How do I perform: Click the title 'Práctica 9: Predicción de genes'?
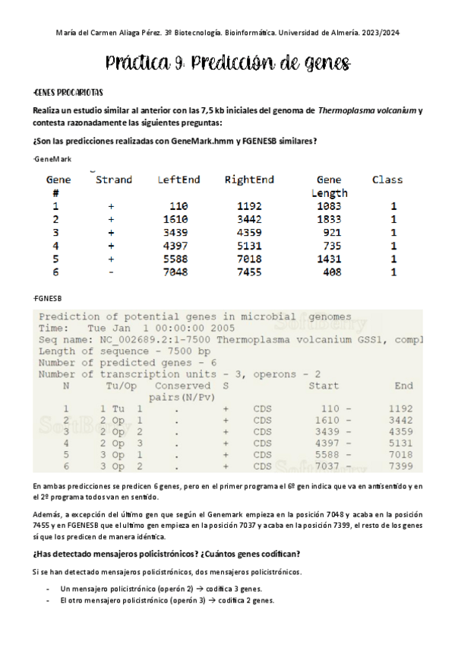227,63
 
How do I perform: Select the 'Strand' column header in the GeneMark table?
114,180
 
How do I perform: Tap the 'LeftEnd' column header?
179,180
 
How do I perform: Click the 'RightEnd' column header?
249,180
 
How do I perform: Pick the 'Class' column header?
387,180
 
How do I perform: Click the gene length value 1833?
329,219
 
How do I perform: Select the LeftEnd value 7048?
179,272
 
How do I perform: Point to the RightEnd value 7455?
249,272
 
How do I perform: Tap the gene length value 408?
329,272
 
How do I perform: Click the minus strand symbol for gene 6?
111,272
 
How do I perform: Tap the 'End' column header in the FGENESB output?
403,386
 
